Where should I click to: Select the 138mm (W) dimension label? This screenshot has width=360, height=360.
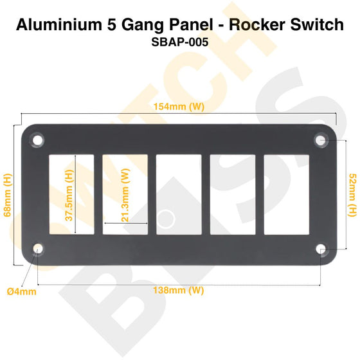click(179, 290)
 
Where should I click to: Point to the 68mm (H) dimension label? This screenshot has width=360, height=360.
click(8, 194)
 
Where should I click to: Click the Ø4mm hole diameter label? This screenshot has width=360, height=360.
click(22, 291)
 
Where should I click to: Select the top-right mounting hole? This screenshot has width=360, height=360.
click(321, 139)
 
